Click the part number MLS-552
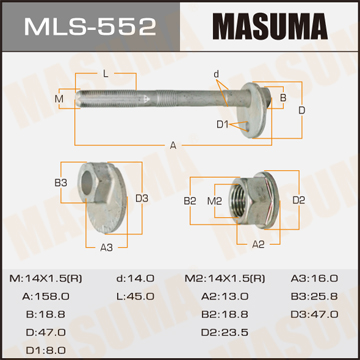(90, 27)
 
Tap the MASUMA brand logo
(270, 27)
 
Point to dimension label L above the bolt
(106, 74)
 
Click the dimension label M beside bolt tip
(59, 99)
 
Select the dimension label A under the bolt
(173, 145)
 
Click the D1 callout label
(223, 125)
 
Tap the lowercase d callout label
(216, 74)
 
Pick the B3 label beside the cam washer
(61, 183)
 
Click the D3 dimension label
(142, 199)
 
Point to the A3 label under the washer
(107, 247)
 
